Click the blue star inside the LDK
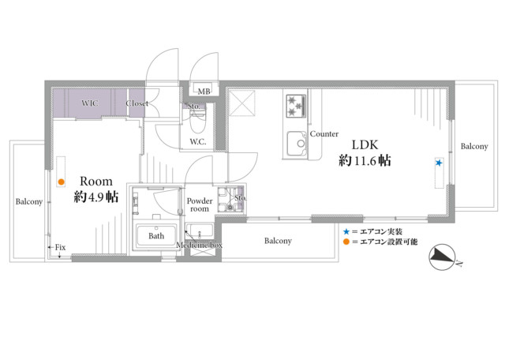point(439,163)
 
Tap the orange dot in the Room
point(62,182)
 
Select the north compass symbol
point(442,257)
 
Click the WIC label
point(90,103)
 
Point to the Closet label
point(137,103)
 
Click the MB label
point(204,92)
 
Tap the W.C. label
point(198,141)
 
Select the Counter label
point(324,133)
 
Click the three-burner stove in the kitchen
point(296,105)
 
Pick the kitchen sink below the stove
point(297,143)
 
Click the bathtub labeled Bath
point(156,235)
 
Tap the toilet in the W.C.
point(197,121)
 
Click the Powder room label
point(200,204)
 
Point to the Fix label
point(60,247)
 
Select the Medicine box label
point(199,245)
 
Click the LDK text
point(365,144)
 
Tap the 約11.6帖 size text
point(365,160)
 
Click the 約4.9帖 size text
point(96,197)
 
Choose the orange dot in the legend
point(346,242)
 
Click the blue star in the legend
point(346,231)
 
